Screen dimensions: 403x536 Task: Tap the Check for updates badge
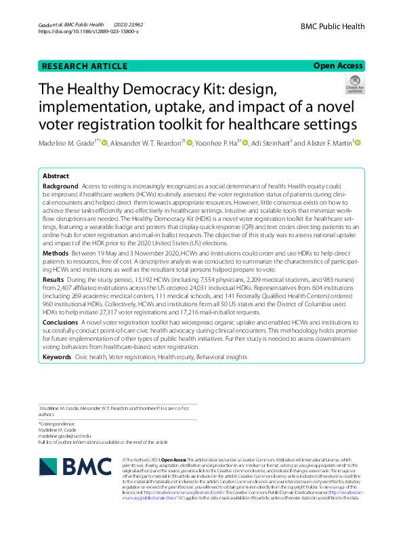click(x=354, y=85)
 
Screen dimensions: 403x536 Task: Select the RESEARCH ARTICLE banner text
click(x=85, y=66)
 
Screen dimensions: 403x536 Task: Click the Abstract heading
click(x=57, y=175)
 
